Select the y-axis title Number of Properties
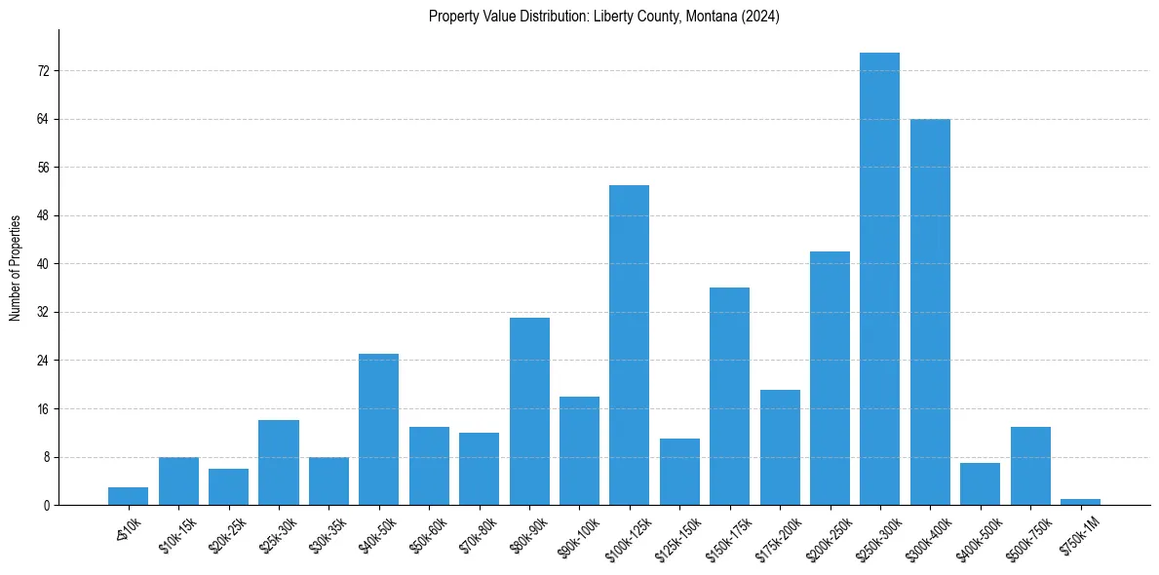click(16, 267)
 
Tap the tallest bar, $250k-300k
click(879, 279)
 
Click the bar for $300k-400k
click(930, 312)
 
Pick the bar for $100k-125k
click(629, 345)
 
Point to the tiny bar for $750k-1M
click(1080, 502)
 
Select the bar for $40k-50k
click(378, 430)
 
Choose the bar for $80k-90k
click(529, 411)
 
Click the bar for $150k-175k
click(729, 397)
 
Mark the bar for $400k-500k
click(980, 484)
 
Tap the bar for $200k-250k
click(830, 378)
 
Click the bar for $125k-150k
click(679, 472)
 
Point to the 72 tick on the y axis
click(43, 71)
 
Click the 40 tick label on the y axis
click(43, 264)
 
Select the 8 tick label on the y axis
click(46, 457)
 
